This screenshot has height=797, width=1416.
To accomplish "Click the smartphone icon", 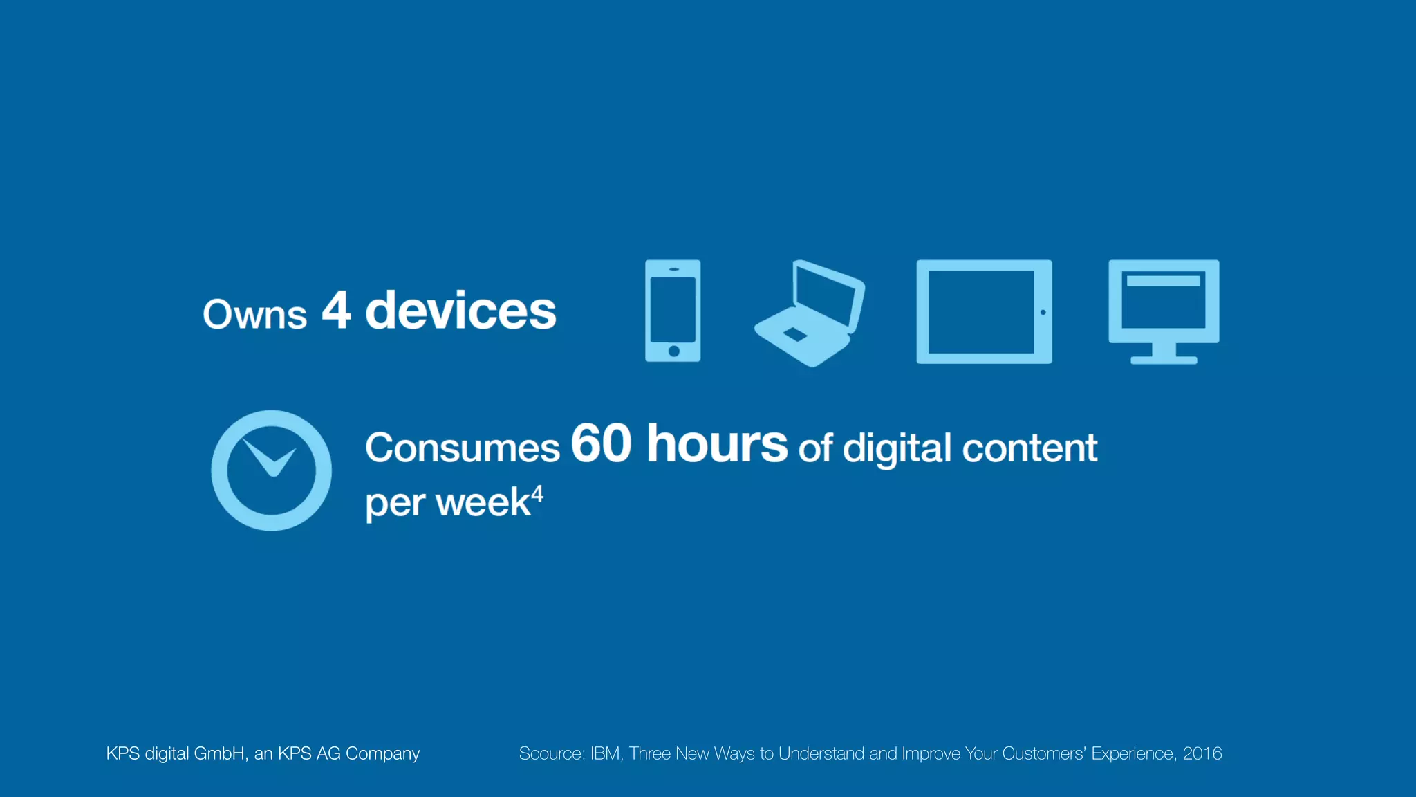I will (x=673, y=311).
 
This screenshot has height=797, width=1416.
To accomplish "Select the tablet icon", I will (x=984, y=312).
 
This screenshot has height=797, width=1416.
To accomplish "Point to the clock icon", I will (x=272, y=470).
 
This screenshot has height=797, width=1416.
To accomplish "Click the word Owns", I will (x=254, y=315).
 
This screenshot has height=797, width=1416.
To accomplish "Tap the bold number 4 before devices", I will (x=337, y=310).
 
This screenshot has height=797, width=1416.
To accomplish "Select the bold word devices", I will (x=460, y=311).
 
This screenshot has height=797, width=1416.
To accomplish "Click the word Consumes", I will (x=462, y=448).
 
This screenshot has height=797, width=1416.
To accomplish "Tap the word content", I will (x=1030, y=448).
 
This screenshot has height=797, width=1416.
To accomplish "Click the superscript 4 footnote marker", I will (x=537, y=494).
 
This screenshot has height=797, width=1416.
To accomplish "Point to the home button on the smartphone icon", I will (x=673, y=351).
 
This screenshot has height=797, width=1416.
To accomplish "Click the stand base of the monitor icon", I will (x=1164, y=360).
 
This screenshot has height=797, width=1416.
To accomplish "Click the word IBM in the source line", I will (x=606, y=753).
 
